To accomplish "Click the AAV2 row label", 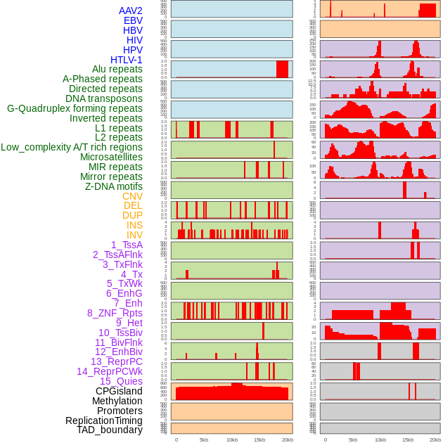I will click(x=131, y=11).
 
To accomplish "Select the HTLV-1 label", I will click(x=127, y=60).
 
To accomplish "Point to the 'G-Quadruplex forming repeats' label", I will click(x=75, y=108).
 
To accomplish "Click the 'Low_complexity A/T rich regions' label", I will click(x=72, y=147).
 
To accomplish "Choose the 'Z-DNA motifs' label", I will click(x=114, y=186).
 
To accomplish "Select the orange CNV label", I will click(x=132, y=196).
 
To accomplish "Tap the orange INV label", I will click(x=134, y=235).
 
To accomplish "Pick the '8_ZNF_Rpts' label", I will click(x=115, y=313).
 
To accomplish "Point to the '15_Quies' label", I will click(x=121, y=381).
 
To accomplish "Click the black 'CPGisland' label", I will click(x=119, y=391).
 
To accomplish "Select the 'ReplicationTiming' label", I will click(x=104, y=420).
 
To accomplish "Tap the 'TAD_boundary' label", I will click(x=110, y=430).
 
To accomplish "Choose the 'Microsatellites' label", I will click(x=111, y=157).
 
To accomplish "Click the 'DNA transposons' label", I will click(x=104, y=98).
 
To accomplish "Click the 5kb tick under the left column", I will click(x=204, y=439).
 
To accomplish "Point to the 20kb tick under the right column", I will click(x=435, y=439).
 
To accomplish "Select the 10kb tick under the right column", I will click(x=380, y=439).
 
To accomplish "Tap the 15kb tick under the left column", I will click(x=259, y=439).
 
